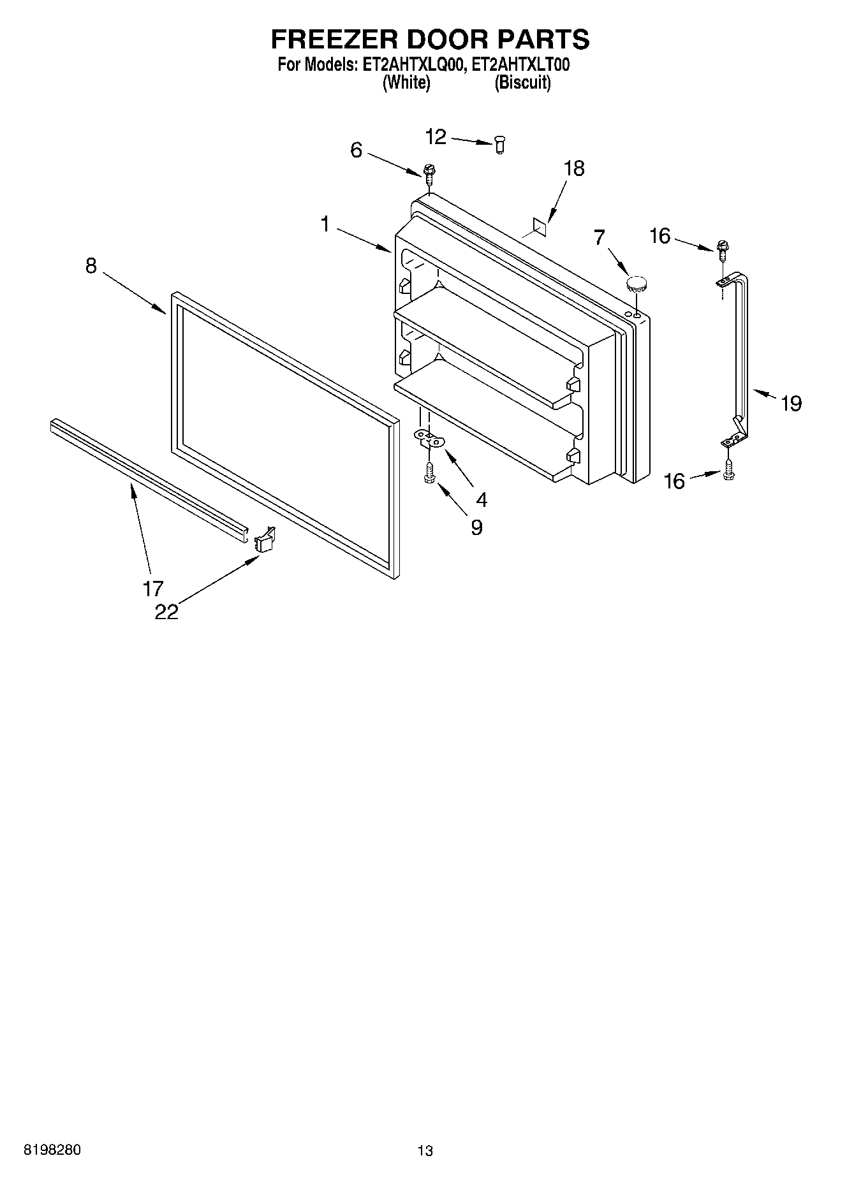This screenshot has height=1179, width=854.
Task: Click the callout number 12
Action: point(436,136)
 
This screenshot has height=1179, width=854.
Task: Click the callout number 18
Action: point(574,168)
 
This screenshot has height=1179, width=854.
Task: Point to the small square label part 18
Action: point(540,223)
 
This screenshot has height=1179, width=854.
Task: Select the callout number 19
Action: point(791,403)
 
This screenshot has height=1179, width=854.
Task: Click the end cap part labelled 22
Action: point(264,540)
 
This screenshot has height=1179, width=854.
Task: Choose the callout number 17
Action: point(153,588)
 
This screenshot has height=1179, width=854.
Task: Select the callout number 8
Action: point(91,266)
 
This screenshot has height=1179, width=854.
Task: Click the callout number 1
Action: point(325,224)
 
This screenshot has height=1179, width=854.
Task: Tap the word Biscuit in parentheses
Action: point(523,83)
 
